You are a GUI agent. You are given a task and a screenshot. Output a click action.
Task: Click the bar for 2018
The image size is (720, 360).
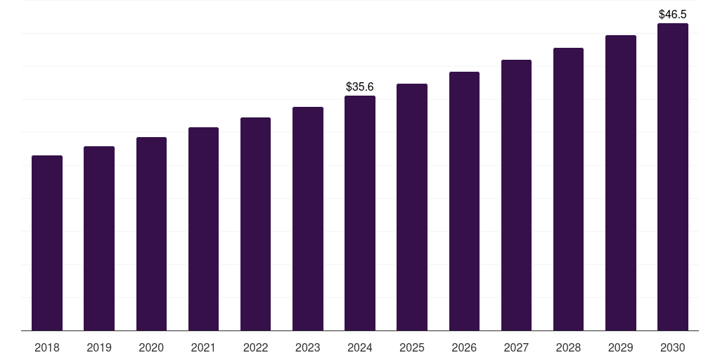(47, 243)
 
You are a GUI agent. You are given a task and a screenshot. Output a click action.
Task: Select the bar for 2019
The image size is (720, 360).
(99, 238)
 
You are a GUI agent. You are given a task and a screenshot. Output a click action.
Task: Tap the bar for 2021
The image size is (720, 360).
(203, 229)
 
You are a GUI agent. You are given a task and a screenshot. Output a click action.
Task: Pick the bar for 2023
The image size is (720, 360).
(308, 219)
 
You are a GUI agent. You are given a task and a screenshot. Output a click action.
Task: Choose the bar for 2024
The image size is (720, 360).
(360, 213)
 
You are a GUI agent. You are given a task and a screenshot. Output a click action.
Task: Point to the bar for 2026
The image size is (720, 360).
(464, 201)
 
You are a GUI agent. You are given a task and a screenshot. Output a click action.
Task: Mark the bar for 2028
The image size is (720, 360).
(568, 189)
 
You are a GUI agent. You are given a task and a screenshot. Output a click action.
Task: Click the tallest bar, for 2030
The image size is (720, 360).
(673, 176)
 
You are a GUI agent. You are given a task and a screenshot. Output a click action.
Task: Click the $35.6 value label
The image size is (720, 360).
(360, 86)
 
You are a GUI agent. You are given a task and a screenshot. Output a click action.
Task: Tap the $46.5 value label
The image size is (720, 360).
(673, 14)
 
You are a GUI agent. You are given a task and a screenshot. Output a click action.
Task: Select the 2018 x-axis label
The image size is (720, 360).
(47, 347)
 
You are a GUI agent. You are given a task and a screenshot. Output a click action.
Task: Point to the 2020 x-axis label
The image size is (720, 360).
(151, 347)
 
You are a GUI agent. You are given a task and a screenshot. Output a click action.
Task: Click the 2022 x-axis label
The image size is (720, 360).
(255, 347)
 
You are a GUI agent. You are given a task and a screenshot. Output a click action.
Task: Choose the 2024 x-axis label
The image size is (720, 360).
(360, 347)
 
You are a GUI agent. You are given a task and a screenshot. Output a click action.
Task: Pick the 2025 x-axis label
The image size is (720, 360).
(412, 347)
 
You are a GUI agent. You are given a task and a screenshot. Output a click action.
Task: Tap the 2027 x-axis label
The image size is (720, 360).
(516, 347)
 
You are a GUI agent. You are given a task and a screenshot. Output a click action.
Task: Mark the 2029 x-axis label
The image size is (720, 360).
(621, 347)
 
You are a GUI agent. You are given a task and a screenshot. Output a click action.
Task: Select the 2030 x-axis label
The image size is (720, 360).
(673, 347)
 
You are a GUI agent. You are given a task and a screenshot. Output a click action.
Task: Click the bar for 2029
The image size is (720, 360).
(621, 183)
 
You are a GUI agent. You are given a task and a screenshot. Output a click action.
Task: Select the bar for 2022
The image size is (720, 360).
(255, 224)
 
